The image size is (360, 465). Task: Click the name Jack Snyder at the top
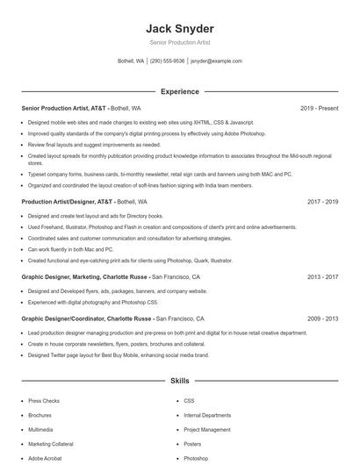[179, 28]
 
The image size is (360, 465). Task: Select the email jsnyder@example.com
[216, 61]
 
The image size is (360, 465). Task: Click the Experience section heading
[179, 91]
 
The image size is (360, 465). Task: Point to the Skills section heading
[179, 382]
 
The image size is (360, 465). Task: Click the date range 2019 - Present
[319, 108]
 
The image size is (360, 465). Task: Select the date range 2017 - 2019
[322, 201]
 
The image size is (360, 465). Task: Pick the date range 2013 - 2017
[322, 276]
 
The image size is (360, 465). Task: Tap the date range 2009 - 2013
[322, 318]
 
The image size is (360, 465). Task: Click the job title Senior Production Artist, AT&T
[64, 108]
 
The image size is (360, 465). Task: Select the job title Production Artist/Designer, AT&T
[68, 201]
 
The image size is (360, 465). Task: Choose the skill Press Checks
[44, 401]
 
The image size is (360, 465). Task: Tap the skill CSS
[189, 401]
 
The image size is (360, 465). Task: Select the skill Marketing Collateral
[51, 444]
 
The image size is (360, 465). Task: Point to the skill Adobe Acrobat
[46, 459]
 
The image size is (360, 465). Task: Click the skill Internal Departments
[207, 415]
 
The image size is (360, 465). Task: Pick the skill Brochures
[40, 415]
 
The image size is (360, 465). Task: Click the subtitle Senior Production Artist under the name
[179, 42]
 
